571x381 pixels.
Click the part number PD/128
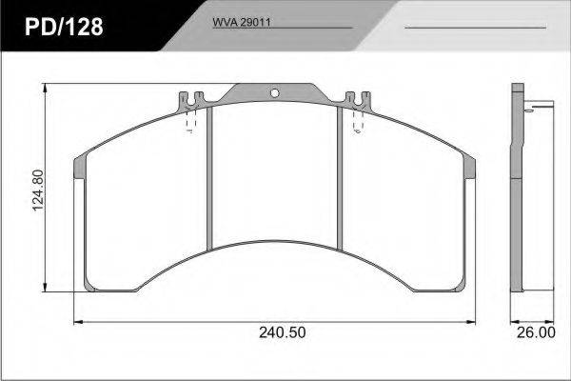coord(64,27)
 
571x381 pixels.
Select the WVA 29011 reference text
coord(242,22)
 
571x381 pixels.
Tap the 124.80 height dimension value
coord(38,190)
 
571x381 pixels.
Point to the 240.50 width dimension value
coord(283,332)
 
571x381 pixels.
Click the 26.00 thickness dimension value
coord(536,332)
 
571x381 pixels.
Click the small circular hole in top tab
coord(275,93)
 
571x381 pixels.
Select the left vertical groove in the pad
coord(209,178)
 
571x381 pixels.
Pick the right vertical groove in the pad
coord(340,178)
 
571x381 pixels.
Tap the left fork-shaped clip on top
coord(191,101)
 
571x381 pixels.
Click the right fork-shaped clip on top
coord(358,101)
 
